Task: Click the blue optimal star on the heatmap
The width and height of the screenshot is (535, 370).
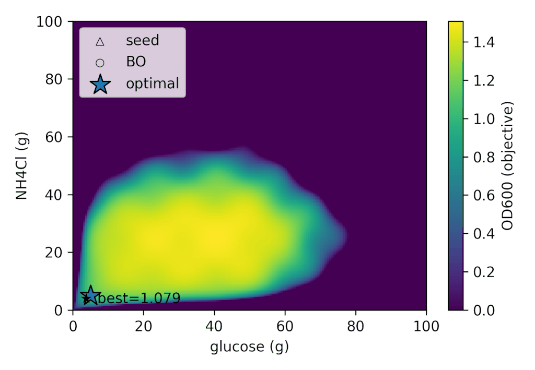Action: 90,295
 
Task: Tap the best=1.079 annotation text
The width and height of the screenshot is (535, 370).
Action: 139,299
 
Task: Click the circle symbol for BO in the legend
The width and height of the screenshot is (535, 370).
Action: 100,63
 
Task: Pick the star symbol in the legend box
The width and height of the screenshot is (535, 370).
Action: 100,84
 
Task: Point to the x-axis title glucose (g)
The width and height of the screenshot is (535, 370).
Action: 249,347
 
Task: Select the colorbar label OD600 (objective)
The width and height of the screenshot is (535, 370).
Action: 507,166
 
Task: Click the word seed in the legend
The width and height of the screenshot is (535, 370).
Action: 142,40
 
